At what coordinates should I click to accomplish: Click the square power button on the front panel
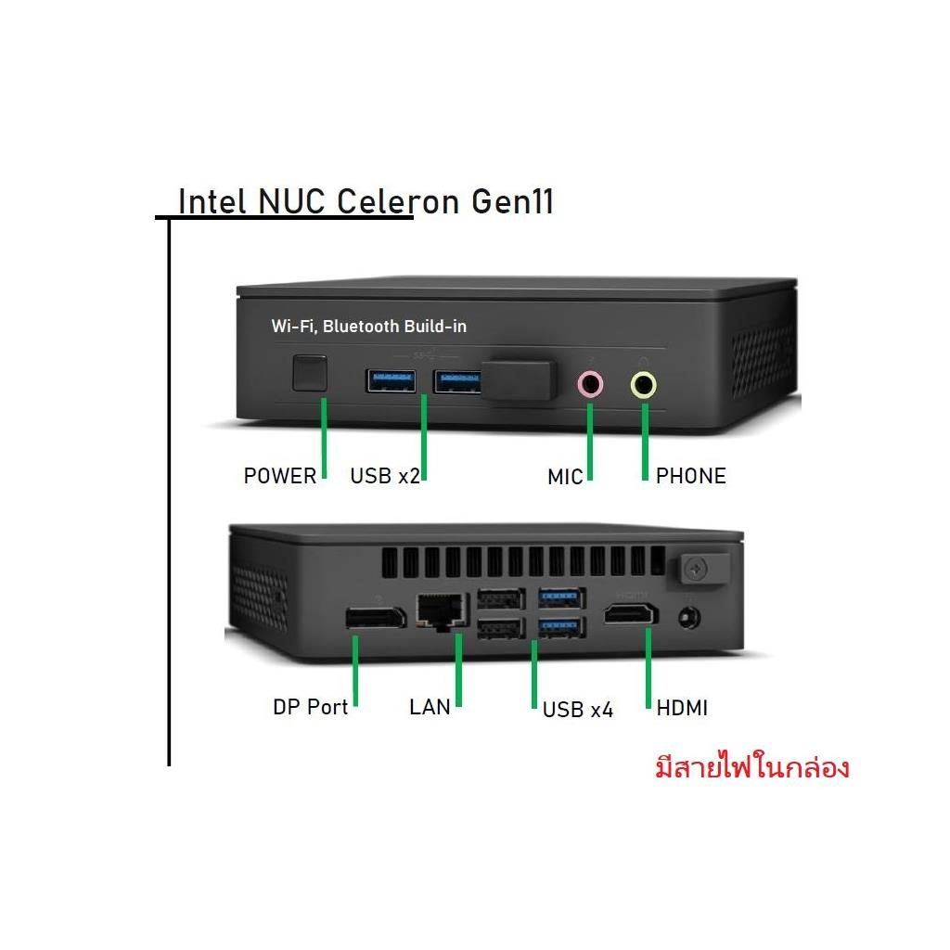(x=310, y=373)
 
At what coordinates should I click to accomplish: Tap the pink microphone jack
(x=590, y=384)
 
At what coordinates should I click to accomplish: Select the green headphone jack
(x=644, y=385)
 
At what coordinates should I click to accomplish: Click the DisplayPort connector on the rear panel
(x=376, y=617)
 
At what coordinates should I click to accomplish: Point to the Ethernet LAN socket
(x=443, y=611)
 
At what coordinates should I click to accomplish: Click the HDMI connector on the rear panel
(x=631, y=614)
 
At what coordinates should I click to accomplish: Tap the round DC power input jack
(x=689, y=619)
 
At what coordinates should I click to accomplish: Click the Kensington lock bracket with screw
(x=699, y=569)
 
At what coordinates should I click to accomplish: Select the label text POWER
(x=280, y=476)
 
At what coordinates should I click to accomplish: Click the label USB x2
(x=385, y=476)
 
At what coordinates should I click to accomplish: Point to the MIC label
(x=565, y=478)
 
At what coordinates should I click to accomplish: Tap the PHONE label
(x=690, y=476)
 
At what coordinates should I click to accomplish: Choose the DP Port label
(x=310, y=707)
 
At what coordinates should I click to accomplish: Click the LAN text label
(x=430, y=707)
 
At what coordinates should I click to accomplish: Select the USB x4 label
(x=577, y=710)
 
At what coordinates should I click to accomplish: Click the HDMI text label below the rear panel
(x=682, y=708)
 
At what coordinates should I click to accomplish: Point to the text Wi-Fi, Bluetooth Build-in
(x=369, y=327)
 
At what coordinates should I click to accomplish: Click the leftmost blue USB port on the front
(x=391, y=380)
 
